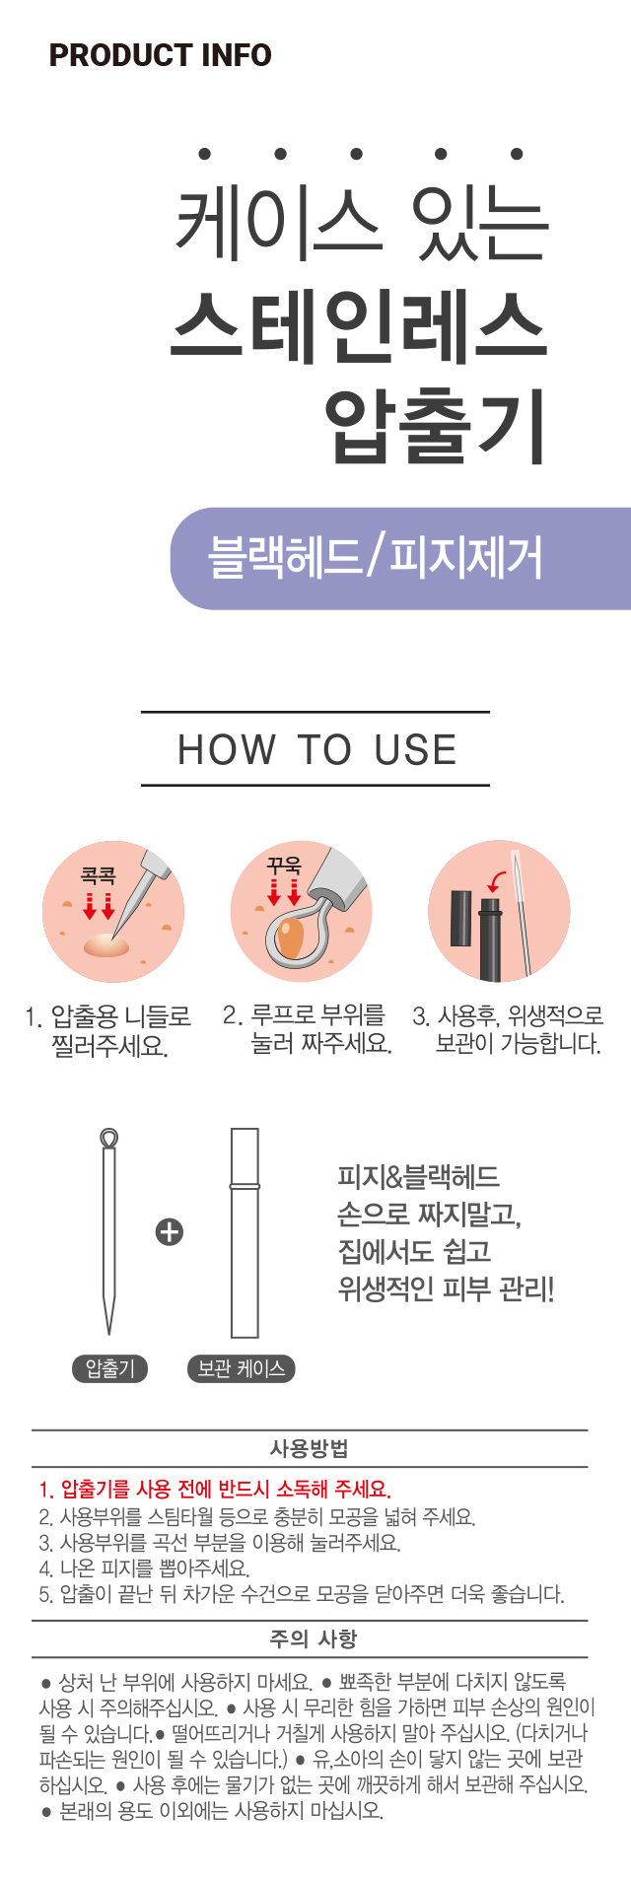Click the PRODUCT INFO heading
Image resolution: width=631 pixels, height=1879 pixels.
160,55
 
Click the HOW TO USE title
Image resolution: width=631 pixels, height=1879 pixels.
316,749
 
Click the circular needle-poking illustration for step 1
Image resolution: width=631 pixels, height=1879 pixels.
113,912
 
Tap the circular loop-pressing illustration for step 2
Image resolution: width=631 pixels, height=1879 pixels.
302,912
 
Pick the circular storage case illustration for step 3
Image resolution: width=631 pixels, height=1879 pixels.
499,912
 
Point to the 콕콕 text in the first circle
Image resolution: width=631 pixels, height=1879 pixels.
99,875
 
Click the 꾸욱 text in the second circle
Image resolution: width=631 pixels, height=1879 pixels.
284,866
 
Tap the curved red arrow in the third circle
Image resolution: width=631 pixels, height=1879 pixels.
499,880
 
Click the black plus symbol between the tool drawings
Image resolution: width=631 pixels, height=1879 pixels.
170,1231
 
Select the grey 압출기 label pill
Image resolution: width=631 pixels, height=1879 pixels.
109,1368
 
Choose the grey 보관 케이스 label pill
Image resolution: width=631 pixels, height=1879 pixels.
241,1368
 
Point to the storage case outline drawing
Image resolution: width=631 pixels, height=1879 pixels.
244,1232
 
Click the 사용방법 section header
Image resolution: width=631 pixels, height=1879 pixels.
310,1448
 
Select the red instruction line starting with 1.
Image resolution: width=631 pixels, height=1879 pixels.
215,1489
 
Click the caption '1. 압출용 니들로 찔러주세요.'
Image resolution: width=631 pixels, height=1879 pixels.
108,1030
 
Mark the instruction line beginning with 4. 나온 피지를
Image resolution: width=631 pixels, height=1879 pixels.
144,1567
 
